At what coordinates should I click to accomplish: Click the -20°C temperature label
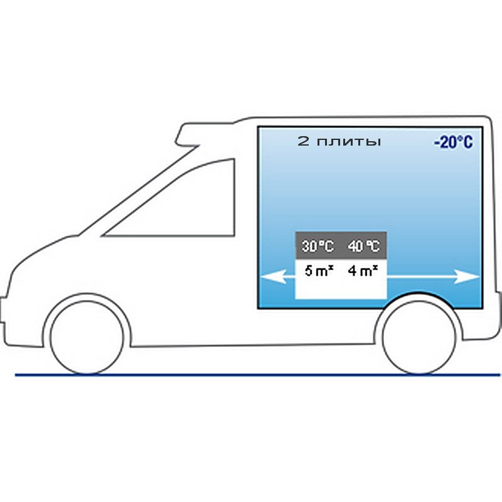453,142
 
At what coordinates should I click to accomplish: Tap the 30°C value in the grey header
318,246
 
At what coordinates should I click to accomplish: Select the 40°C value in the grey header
364,246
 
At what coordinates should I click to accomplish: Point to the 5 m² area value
319,271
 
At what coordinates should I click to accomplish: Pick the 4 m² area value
363,271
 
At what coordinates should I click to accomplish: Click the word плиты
349,142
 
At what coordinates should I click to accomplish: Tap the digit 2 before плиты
303,141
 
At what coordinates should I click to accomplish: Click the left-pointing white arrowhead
274,277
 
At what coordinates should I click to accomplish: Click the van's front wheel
87,337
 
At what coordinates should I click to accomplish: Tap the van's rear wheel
419,337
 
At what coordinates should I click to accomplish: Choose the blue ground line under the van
258,375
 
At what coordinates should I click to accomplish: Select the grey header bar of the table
341,245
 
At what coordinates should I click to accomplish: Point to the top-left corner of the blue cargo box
258,127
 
